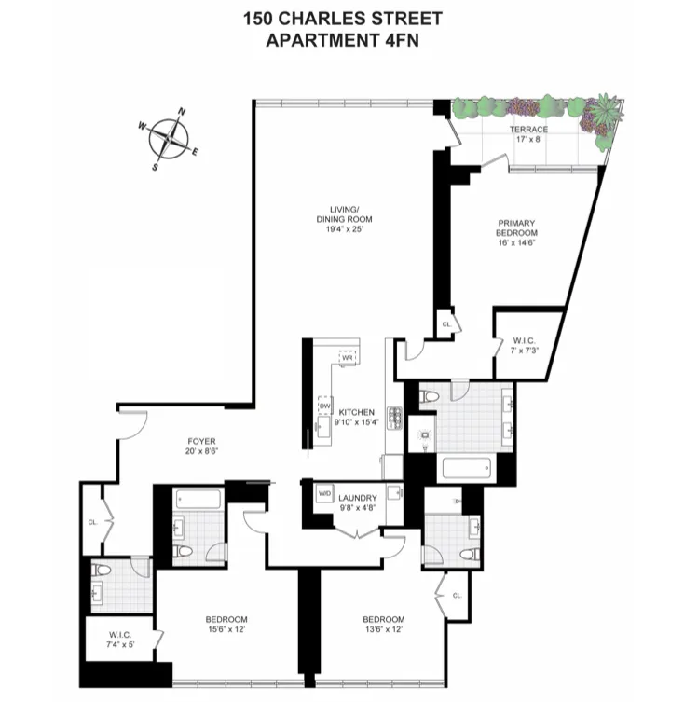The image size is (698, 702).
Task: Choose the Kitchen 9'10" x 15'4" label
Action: point(356,418)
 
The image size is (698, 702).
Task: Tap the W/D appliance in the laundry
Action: point(325,494)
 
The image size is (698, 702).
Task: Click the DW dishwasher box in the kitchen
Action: point(325,406)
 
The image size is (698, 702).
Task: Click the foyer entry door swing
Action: point(133,425)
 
